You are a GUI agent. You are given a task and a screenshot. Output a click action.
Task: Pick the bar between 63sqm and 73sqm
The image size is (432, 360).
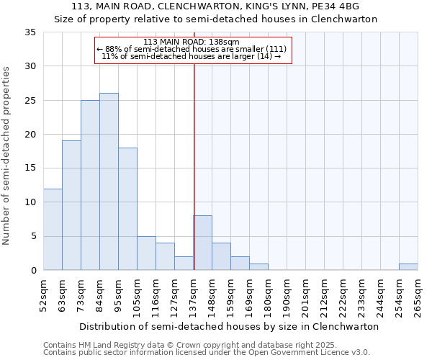71,205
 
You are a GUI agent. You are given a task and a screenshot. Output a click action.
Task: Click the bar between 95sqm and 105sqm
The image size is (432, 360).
127,209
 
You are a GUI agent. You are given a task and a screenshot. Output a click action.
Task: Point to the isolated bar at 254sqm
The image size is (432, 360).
408,266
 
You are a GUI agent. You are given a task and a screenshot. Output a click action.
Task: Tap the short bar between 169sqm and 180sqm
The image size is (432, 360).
258,266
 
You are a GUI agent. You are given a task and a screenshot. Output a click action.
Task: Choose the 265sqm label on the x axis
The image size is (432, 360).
418,294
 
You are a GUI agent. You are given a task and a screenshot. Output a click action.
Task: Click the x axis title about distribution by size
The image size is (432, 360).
229,326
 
